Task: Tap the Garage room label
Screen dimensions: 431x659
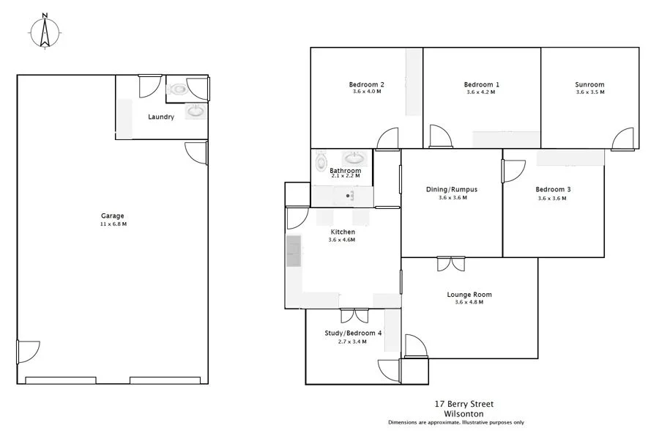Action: click(x=113, y=215)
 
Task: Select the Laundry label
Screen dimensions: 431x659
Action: click(x=160, y=117)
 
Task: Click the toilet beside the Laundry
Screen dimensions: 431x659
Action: click(x=178, y=89)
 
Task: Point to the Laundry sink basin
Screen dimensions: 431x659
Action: click(x=196, y=111)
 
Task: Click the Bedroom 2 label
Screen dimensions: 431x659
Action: click(x=367, y=84)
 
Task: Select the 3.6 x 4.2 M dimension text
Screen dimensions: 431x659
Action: click(x=482, y=93)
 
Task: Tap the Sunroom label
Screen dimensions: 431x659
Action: click(x=589, y=84)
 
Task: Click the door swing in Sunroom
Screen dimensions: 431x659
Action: click(x=623, y=139)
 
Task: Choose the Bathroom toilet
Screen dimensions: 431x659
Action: click(x=320, y=161)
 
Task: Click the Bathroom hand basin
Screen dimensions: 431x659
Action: click(x=354, y=158)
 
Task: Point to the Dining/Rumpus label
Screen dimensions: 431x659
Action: click(x=452, y=189)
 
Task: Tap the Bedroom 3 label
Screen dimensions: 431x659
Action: click(x=553, y=189)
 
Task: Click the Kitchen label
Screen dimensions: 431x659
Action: click(x=343, y=232)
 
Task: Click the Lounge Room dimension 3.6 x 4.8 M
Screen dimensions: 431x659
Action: click(x=469, y=302)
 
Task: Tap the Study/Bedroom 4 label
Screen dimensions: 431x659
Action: click(x=353, y=333)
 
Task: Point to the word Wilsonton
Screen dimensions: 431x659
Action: click(x=466, y=413)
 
